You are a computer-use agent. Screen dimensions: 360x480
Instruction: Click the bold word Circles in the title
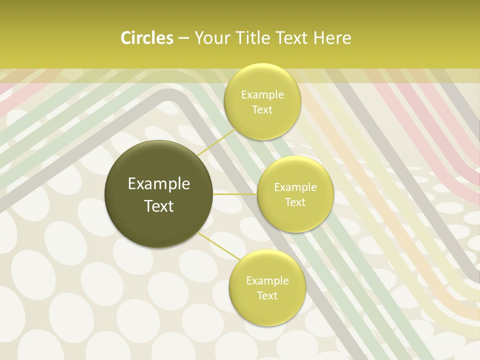[146, 38]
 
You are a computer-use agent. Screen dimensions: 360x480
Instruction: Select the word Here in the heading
[332, 38]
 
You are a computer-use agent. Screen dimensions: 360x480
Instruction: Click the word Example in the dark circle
[159, 184]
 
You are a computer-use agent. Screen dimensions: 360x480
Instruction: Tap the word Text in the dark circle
[159, 206]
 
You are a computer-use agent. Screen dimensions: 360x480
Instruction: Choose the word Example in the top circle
[262, 95]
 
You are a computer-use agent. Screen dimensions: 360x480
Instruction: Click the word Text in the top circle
[262, 110]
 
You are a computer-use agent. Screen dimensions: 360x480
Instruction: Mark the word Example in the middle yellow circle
[295, 187]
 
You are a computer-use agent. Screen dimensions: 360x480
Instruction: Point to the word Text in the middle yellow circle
[295, 202]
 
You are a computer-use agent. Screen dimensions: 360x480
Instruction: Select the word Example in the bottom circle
[267, 281]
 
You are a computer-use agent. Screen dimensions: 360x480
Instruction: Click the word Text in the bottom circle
[267, 295]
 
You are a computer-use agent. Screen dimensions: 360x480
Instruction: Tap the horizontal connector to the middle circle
[235, 194]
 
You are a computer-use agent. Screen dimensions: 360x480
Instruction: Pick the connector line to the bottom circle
[219, 245]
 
